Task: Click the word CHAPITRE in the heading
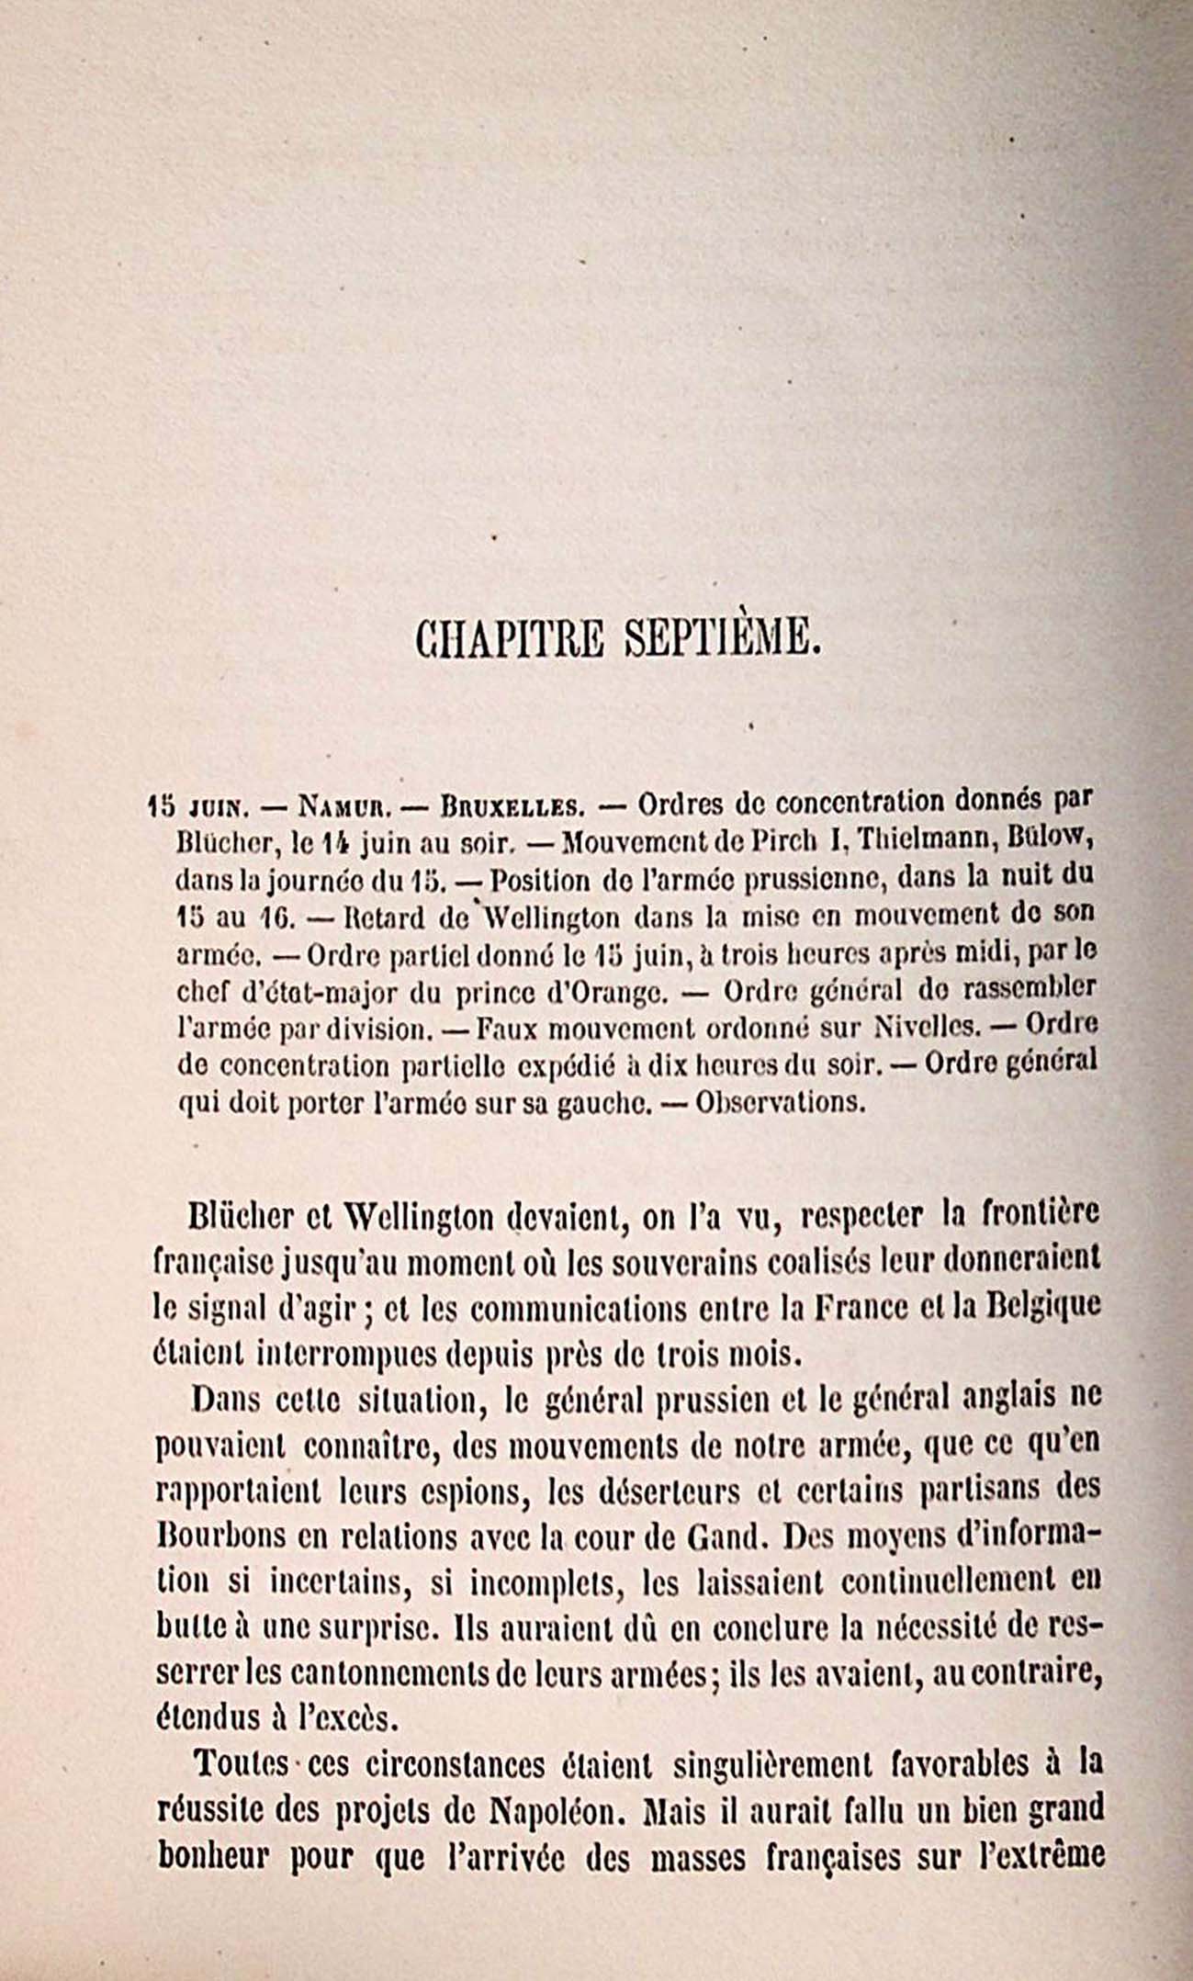point(509,637)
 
